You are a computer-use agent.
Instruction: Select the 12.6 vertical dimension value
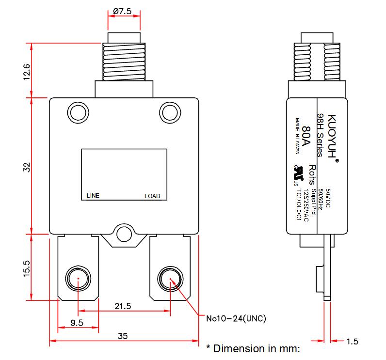click(27, 72)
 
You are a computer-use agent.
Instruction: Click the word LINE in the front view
click(93, 196)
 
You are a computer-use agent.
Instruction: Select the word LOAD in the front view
click(152, 196)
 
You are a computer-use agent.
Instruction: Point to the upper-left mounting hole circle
click(77, 112)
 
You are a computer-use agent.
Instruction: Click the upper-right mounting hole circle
click(170, 112)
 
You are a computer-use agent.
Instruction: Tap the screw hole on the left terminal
click(77, 278)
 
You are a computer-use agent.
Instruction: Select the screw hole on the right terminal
click(170, 278)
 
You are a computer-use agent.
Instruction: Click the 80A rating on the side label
click(306, 136)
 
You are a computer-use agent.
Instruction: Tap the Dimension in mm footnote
click(254, 348)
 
